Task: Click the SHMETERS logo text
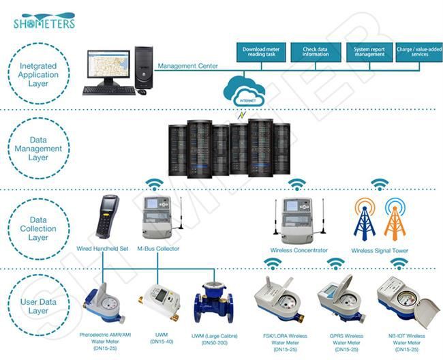[44, 22]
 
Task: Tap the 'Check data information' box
[316, 52]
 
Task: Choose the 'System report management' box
[369, 52]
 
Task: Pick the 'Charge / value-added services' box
[419, 52]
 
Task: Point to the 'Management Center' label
[187, 67]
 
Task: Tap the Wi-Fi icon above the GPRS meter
[335, 263]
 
